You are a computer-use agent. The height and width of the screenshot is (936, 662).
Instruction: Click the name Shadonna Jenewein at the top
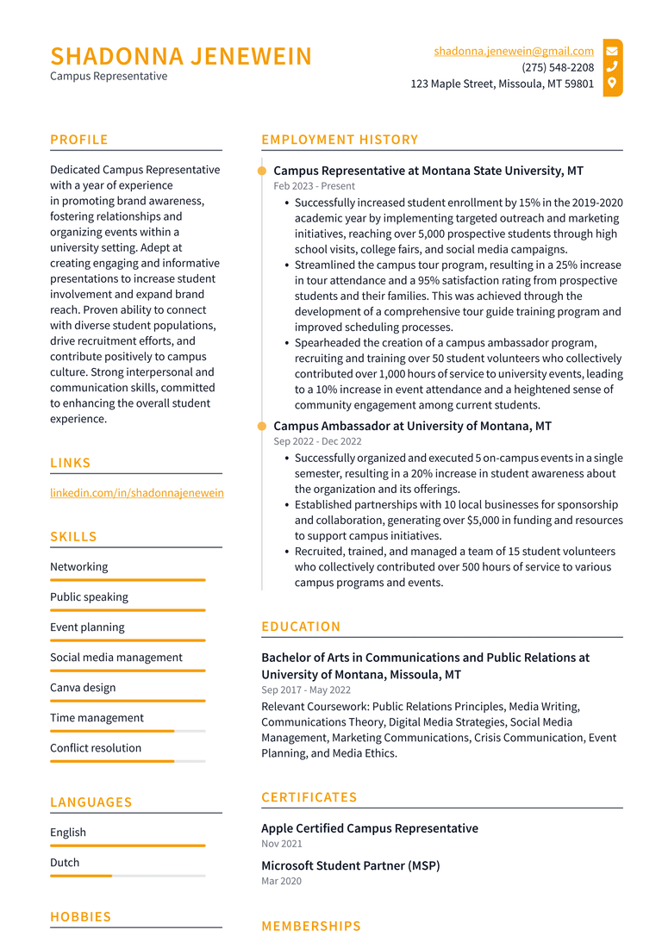(x=181, y=57)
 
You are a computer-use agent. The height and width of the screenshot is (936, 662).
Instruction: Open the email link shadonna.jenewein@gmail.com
(x=514, y=51)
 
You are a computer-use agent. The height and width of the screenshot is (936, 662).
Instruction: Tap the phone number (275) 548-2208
(x=558, y=67)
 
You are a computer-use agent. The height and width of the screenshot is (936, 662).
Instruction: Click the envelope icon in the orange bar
(x=612, y=51)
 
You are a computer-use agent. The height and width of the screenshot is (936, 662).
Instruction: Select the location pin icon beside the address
(x=612, y=84)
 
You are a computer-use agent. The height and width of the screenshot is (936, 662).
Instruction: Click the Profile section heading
(x=79, y=140)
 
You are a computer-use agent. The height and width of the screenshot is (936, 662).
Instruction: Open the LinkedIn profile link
(x=136, y=493)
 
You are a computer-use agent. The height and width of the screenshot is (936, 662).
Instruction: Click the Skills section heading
(x=73, y=537)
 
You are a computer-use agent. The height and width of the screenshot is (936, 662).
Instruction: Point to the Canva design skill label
(x=83, y=688)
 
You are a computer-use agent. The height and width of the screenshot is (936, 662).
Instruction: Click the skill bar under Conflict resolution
(x=127, y=761)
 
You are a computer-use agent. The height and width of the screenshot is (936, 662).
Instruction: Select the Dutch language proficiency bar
(x=127, y=876)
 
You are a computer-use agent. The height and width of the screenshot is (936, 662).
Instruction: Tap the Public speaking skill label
(x=89, y=597)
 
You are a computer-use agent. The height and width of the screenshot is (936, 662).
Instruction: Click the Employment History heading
(x=340, y=140)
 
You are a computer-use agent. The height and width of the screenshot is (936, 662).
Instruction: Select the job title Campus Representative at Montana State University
(x=428, y=171)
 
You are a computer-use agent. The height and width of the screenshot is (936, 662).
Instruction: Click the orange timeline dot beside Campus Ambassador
(x=262, y=426)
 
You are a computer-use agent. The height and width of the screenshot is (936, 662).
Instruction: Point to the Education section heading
(x=301, y=627)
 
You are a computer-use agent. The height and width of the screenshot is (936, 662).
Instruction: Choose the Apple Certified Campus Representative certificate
(x=370, y=828)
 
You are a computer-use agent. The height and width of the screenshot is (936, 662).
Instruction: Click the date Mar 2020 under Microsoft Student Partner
(x=281, y=881)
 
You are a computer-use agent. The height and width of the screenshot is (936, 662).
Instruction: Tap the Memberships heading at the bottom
(x=311, y=926)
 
